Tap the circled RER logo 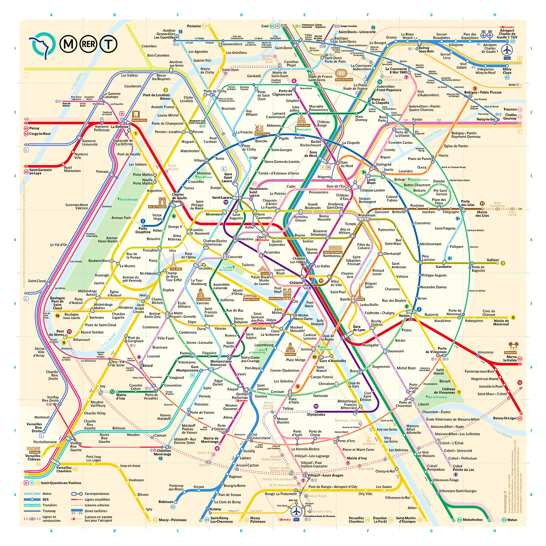(89, 44)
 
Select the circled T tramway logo (109, 44)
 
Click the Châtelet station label (296, 283)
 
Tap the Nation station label (404, 316)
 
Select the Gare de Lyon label (359, 328)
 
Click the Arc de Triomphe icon (163, 201)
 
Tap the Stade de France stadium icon (341, 73)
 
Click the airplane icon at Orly (296, 510)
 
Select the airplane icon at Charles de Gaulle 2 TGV (507, 49)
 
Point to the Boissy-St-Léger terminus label (505, 418)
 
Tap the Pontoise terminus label (194, 26)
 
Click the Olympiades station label (316, 414)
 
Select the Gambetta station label (443, 267)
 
